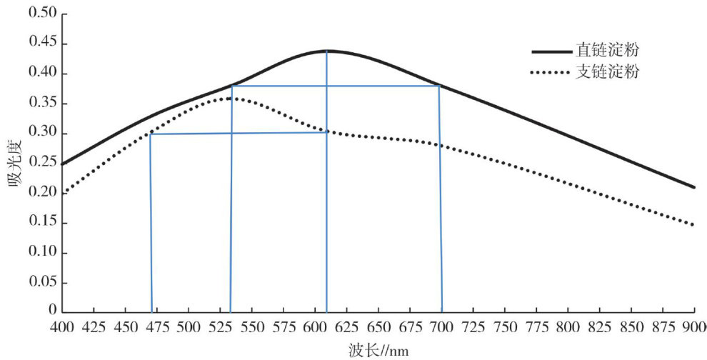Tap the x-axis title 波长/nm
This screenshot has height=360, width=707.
pos(380,350)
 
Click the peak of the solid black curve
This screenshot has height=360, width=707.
pos(326,51)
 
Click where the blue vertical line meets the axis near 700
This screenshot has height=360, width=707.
pos(442,312)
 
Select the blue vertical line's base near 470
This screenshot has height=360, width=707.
pos(151,312)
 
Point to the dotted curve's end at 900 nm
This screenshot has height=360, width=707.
pos(693,225)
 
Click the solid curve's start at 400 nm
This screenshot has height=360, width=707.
pos(64,164)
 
